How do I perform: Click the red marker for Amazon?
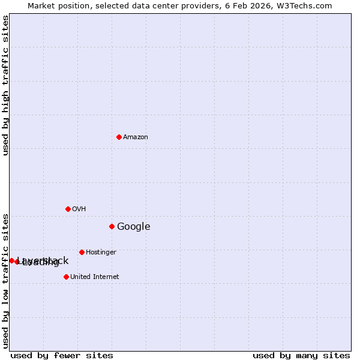[119, 137]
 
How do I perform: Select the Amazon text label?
[136, 137]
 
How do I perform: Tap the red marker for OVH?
[68, 209]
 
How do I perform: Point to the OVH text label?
[79, 209]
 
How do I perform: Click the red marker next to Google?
[112, 226]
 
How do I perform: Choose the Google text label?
[134, 226]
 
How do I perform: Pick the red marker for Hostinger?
[82, 252]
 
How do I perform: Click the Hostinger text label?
[101, 252]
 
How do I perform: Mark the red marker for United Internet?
[66, 277]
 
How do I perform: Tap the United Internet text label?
[95, 277]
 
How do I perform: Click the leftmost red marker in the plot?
[11, 260]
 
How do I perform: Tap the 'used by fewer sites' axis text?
[62, 355]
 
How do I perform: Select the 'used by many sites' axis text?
[301, 355]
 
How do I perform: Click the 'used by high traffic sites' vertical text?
[6, 86]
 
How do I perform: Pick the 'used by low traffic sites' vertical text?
[6, 280]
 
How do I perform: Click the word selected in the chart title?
[110, 6]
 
